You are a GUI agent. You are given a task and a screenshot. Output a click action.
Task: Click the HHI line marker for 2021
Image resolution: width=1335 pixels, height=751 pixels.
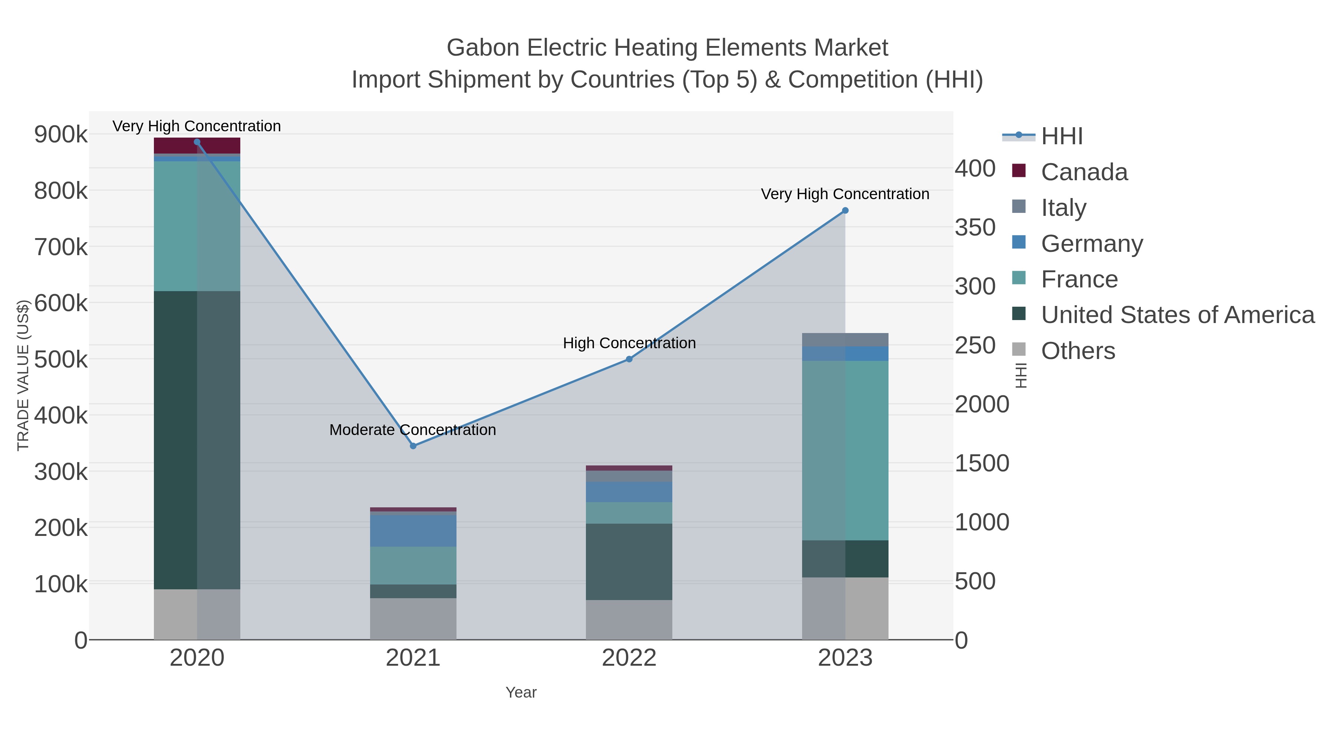coord(413,446)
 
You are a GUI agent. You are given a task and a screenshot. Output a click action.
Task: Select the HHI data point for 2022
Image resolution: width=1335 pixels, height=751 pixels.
coord(629,359)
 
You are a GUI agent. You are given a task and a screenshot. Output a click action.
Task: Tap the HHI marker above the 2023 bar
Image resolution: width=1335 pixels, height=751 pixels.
coord(845,210)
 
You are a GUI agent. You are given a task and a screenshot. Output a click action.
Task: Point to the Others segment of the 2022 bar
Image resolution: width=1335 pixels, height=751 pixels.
coord(629,619)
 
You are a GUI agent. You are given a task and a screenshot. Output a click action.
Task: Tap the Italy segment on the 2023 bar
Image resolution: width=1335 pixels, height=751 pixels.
coord(845,339)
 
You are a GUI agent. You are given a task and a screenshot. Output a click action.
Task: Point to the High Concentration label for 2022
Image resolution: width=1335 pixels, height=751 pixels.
coord(629,343)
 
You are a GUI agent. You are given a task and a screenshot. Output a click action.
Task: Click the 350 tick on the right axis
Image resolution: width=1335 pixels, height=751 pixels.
coord(975,228)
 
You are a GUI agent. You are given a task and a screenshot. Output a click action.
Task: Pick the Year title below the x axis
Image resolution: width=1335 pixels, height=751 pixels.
coord(521,692)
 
